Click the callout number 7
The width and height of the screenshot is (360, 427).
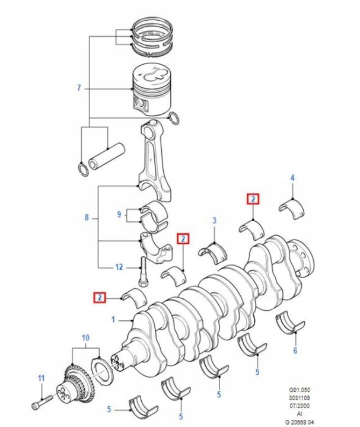[x=78, y=89]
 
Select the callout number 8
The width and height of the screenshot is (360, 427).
[x=87, y=218]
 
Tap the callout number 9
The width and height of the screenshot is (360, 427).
[x=119, y=213]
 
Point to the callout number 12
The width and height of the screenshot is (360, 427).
[x=119, y=267]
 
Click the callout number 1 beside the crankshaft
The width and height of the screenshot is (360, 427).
[x=113, y=320]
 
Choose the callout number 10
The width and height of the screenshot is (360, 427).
[x=86, y=338]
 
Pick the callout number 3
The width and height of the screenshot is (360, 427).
[x=215, y=221]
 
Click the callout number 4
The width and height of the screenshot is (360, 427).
[x=292, y=178]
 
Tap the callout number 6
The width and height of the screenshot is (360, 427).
[x=295, y=350]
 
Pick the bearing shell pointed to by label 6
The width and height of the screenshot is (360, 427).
[x=291, y=324]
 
